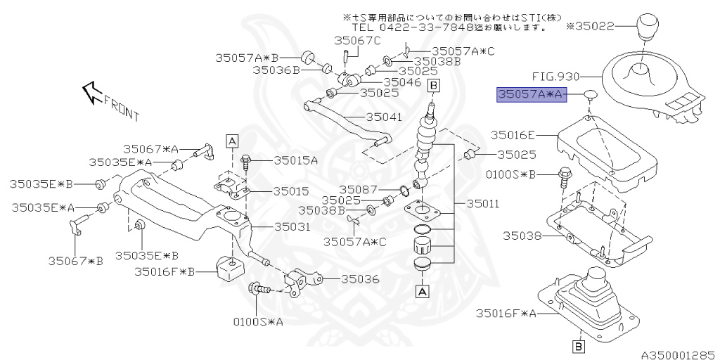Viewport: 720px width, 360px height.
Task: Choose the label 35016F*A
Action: [x=506, y=312]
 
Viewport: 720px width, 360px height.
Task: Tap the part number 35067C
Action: [x=357, y=41]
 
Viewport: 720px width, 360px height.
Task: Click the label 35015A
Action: [x=295, y=160]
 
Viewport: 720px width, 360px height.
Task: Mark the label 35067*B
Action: [x=75, y=261]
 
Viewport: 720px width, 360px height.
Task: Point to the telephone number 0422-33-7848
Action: [x=426, y=28]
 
